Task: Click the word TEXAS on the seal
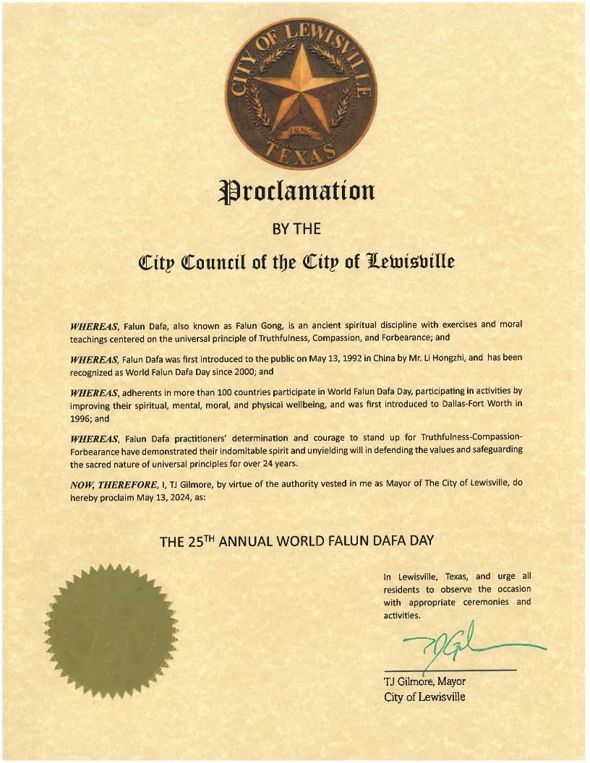click(302, 150)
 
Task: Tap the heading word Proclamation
click(297, 191)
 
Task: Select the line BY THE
click(296, 229)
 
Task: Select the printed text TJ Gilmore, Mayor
click(424, 681)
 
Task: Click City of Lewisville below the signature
click(424, 697)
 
